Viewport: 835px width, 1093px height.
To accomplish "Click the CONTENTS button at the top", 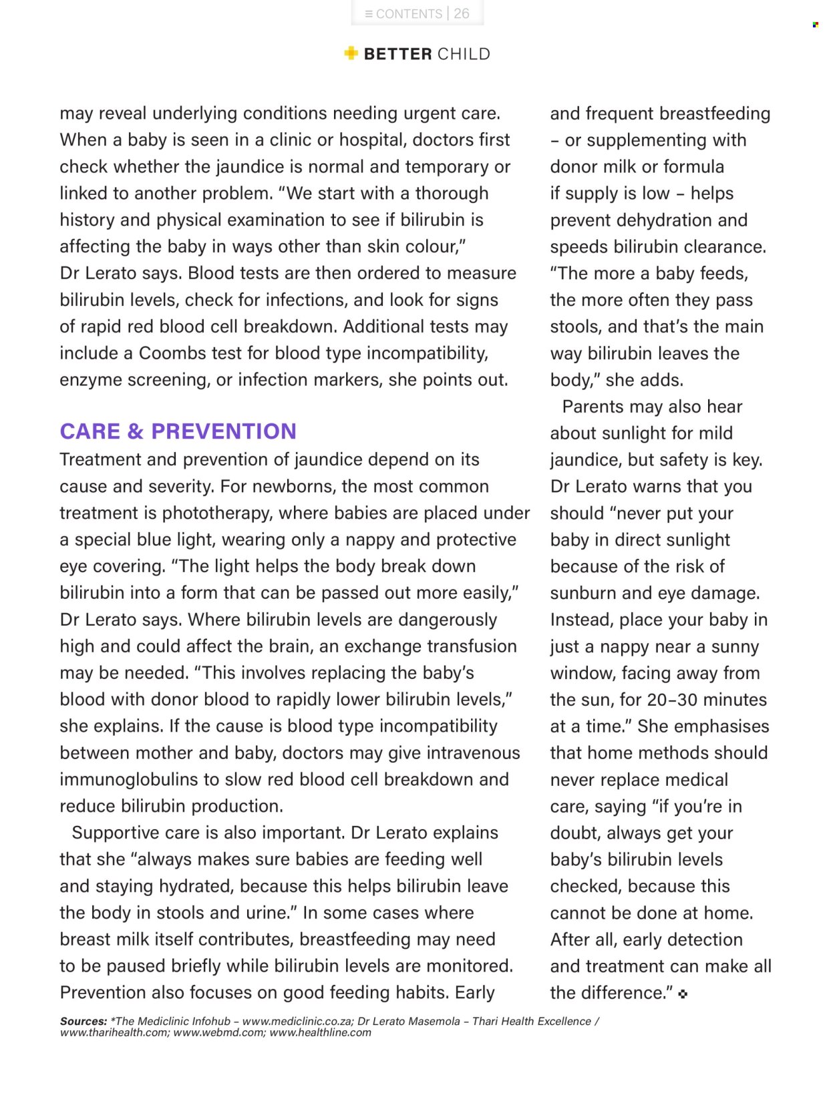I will (x=403, y=13).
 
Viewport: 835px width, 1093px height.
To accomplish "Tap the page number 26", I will (x=462, y=13).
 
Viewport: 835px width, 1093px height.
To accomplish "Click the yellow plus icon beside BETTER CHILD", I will (x=351, y=53).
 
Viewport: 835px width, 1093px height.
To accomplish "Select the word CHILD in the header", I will (x=464, y=54).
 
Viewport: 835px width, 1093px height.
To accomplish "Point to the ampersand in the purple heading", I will (x=135, y=431).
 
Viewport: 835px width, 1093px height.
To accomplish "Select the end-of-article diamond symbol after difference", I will (x=682, y=994).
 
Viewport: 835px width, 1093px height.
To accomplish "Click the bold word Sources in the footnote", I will (x=83, y=1022).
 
